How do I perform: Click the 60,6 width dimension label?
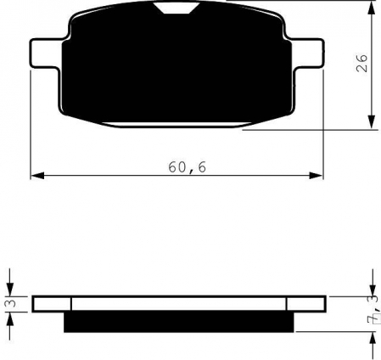click(188, 167)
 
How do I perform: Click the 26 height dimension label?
click(361, 64)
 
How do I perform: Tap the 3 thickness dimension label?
click(11, 303)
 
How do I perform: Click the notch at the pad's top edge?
click(177, 8)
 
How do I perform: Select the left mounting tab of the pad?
click(46, 53)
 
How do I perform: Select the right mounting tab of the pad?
click(307, 53)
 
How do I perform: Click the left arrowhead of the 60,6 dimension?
click(37, 176)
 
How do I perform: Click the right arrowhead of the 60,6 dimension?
click(316, 176)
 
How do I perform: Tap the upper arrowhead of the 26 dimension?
click(372, 8)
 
